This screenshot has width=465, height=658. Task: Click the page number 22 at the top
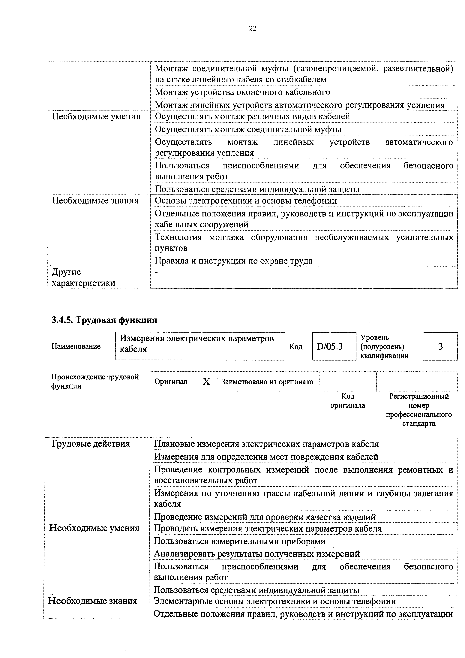252,28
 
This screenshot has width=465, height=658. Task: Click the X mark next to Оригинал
206,382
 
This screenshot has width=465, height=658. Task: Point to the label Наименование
76,346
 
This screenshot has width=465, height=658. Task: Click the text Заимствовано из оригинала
267,382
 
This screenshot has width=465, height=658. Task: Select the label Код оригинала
348,401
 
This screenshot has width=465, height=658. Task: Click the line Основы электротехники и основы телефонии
246,201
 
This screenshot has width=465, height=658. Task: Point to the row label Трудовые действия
90,444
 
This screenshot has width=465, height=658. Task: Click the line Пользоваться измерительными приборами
240,541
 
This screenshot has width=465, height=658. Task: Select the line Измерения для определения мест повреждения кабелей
266,457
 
